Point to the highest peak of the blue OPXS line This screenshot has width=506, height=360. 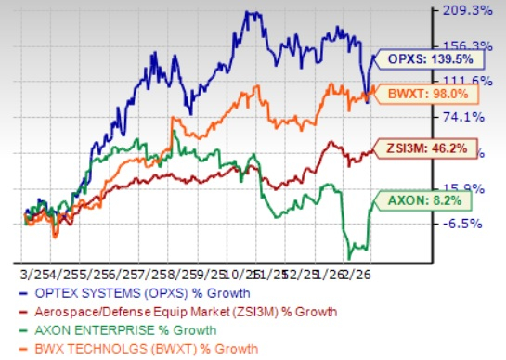pyautogui.click(x=246, y=12)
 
